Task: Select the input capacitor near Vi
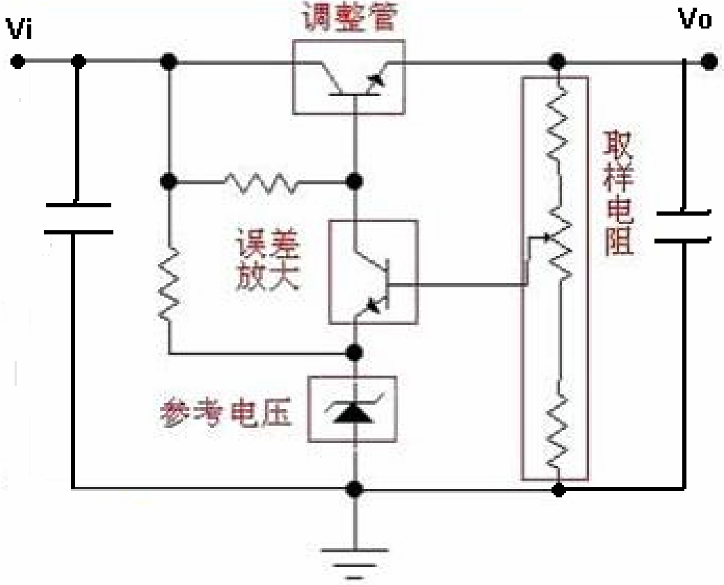click(78, 218)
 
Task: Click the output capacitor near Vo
click(683, 226)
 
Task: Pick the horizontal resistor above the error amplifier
click(258, 182)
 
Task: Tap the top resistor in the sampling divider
click(556, 125)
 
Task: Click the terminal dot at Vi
click(18, 62)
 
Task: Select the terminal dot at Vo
click(708, 62)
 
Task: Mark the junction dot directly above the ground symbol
click(355, 488)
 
